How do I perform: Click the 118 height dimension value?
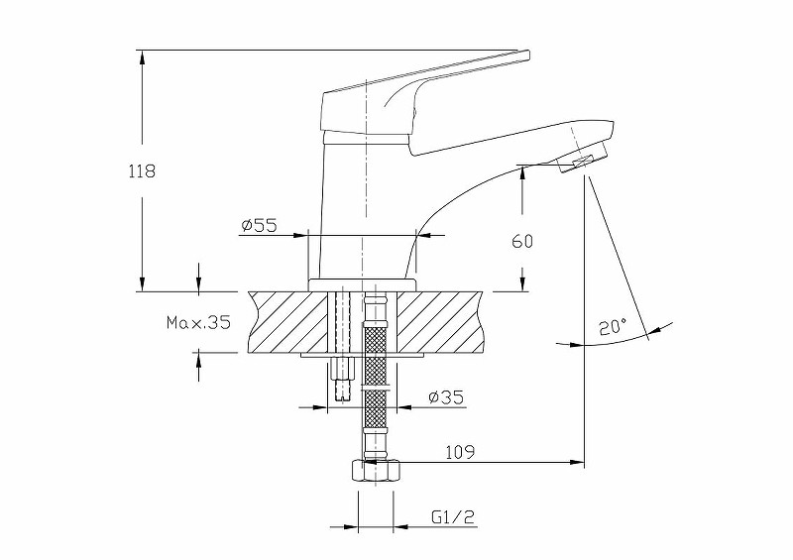(x=143, y=170)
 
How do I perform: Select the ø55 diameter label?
(x=259, y=226)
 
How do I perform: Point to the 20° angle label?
(x=614, y=326)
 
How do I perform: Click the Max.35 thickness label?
(x=198, y=322)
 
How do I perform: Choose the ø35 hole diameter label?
(x=446, y=397)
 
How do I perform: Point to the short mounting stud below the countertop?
(x=343, y=378)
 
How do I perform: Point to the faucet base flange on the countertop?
(x=363, y=285)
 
